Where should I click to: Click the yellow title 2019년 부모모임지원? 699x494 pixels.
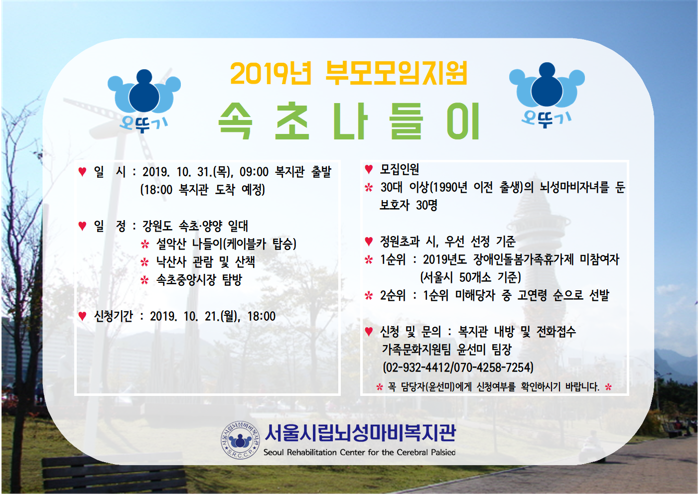point(349,73)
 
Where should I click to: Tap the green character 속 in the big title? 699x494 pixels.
point(235,121)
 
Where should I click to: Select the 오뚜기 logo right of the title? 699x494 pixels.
point(547,95)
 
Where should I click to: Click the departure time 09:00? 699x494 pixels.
point(254,172)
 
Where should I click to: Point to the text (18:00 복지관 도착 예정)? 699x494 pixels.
point(202,190)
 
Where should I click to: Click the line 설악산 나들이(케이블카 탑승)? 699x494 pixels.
point(226,244)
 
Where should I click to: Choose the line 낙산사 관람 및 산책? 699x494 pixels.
point(206,262)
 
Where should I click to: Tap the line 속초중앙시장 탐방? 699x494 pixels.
point(199,280)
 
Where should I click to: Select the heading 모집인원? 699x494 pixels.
point(400,169)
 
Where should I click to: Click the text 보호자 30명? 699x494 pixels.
point(409,205)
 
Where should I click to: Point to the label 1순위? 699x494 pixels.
point(393,259)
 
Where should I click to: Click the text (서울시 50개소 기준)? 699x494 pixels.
point(471,277)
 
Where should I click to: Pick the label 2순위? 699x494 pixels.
point(393,295)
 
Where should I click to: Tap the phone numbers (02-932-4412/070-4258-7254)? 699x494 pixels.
point(458,368)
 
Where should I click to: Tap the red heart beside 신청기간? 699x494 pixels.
point(82,316)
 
